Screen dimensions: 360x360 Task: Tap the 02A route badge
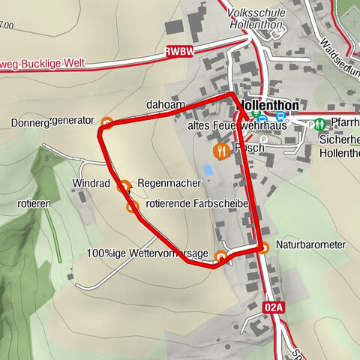[275, 307]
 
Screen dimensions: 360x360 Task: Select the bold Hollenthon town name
[268, 106]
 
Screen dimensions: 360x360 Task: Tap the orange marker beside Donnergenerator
[107, 122]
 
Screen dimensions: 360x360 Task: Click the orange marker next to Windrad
[124, 184]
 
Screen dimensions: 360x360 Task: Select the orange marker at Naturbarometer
[262, 246]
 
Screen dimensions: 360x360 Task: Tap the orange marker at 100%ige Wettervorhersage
[220, 256]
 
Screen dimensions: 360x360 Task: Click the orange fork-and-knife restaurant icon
[220, 151]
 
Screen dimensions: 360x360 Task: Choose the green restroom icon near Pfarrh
[319, 123]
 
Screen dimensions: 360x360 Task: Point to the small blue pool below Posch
[208, 170]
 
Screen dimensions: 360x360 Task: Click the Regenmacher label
[169, 183]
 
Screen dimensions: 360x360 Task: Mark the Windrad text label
[91, 183]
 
